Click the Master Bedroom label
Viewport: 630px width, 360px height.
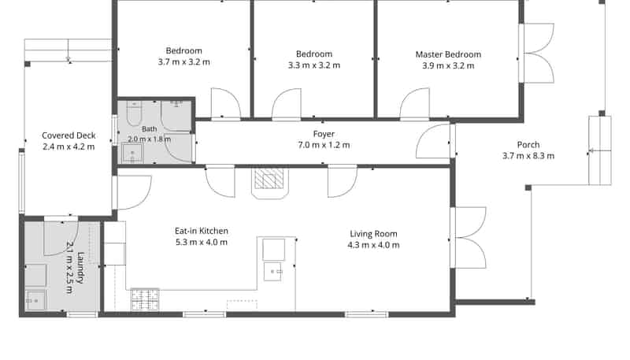[x=448, y=54]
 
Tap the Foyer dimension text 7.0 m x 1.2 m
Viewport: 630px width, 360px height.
[x=324, y=145]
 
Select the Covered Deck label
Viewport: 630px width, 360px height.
[x=69, y=135]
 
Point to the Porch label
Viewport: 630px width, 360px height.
[x=528, y=145]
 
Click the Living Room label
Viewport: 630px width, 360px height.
[x=373, y=234]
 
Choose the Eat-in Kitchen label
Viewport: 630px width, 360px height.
[x=202, y=231]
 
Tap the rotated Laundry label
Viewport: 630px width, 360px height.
[x=81, y=268]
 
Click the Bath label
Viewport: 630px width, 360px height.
[x=150, y=129]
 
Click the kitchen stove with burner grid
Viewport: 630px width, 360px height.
[x=145, y=299]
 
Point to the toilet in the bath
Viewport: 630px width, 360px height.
[x=134, y=113]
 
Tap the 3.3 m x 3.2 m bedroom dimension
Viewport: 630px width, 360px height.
[x=314, y=65]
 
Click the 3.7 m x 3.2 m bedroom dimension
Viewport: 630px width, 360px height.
[x=184, y=62]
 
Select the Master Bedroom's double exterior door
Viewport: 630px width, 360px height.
[x=537, y=53]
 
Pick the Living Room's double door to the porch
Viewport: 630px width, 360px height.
[x=469, y=237]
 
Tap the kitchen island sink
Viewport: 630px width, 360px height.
[x=274, y=272]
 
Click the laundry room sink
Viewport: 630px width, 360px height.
[x=35, y=300]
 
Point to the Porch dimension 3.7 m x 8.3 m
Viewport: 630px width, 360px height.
[x=528, y=156]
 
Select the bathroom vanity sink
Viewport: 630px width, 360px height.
[x=132, y=153]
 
